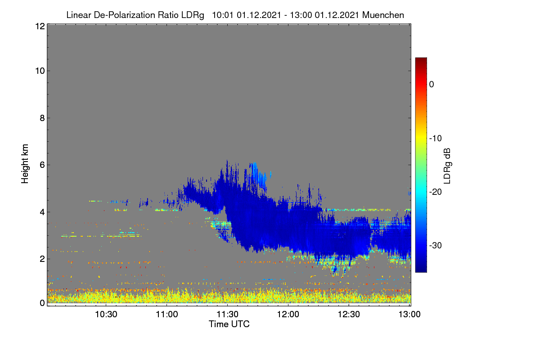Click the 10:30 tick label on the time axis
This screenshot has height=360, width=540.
106,315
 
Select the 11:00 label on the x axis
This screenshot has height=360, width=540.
167,315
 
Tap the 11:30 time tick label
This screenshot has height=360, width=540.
227,315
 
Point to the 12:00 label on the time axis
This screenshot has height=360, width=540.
288,315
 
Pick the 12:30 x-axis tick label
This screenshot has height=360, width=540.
349,315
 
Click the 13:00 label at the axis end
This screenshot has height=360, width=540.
409,315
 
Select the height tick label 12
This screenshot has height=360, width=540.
40,26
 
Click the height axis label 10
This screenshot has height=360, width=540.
40,71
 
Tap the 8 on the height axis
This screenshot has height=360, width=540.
42,118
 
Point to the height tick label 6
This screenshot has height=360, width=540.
42,165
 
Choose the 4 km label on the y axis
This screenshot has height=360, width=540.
42,212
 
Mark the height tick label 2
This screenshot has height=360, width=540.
42,259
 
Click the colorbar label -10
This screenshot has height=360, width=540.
436,139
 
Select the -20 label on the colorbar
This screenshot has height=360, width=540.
436,192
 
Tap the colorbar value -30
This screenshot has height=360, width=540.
436,245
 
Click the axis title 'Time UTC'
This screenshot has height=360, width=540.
229,324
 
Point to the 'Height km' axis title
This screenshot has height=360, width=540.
25,164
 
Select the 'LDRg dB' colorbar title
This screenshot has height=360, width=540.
447,166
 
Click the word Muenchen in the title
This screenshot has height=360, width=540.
383,15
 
